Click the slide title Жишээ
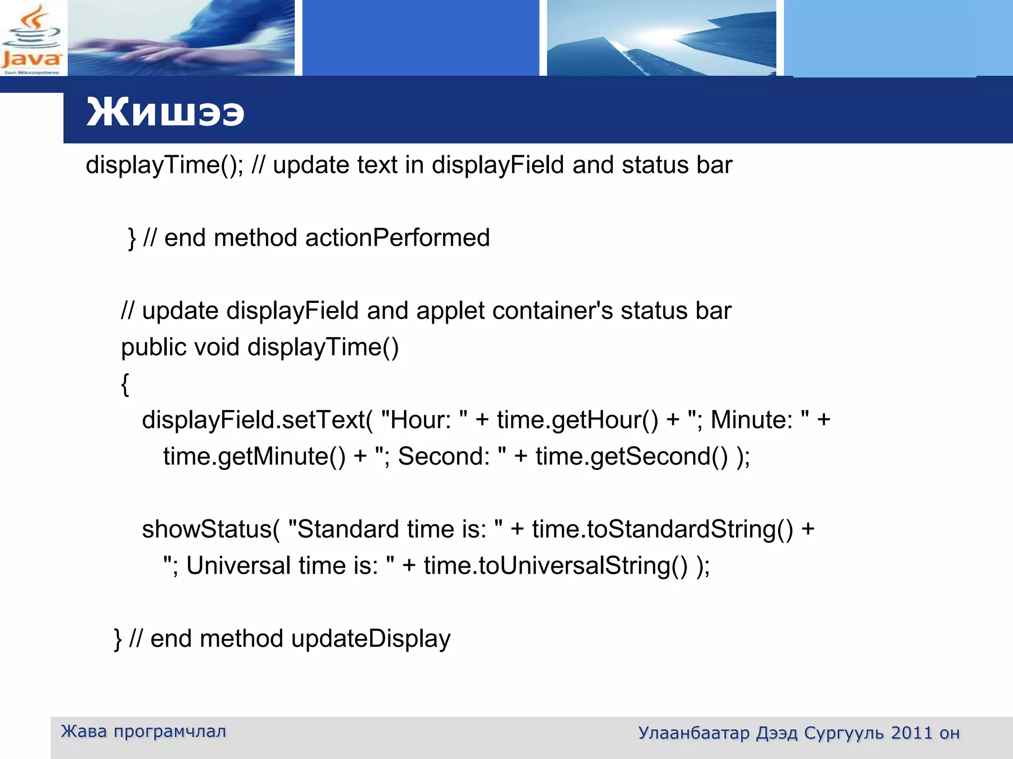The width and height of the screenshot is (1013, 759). [x=165, y=112]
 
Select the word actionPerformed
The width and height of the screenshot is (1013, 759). [x=397, y=238]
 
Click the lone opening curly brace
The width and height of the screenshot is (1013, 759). [x=125, y=384]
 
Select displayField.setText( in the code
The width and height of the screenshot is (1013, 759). [x=257, y=420]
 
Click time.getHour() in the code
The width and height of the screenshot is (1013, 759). [x=577, y=420]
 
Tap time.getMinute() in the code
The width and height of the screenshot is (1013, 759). [x=254, y=456]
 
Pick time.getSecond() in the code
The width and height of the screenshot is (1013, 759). [x=632, y=456]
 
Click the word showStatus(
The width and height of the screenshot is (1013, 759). [x=211, y=529]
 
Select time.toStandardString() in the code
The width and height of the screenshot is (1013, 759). [x=662, y=529]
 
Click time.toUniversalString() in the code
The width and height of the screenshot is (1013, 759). [x=555, y=566]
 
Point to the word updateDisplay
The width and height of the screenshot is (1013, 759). [x=371, y=638]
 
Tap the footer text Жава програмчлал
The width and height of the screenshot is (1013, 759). [x=143, y=731]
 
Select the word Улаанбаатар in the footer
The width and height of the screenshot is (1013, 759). [x=693, y=733]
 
